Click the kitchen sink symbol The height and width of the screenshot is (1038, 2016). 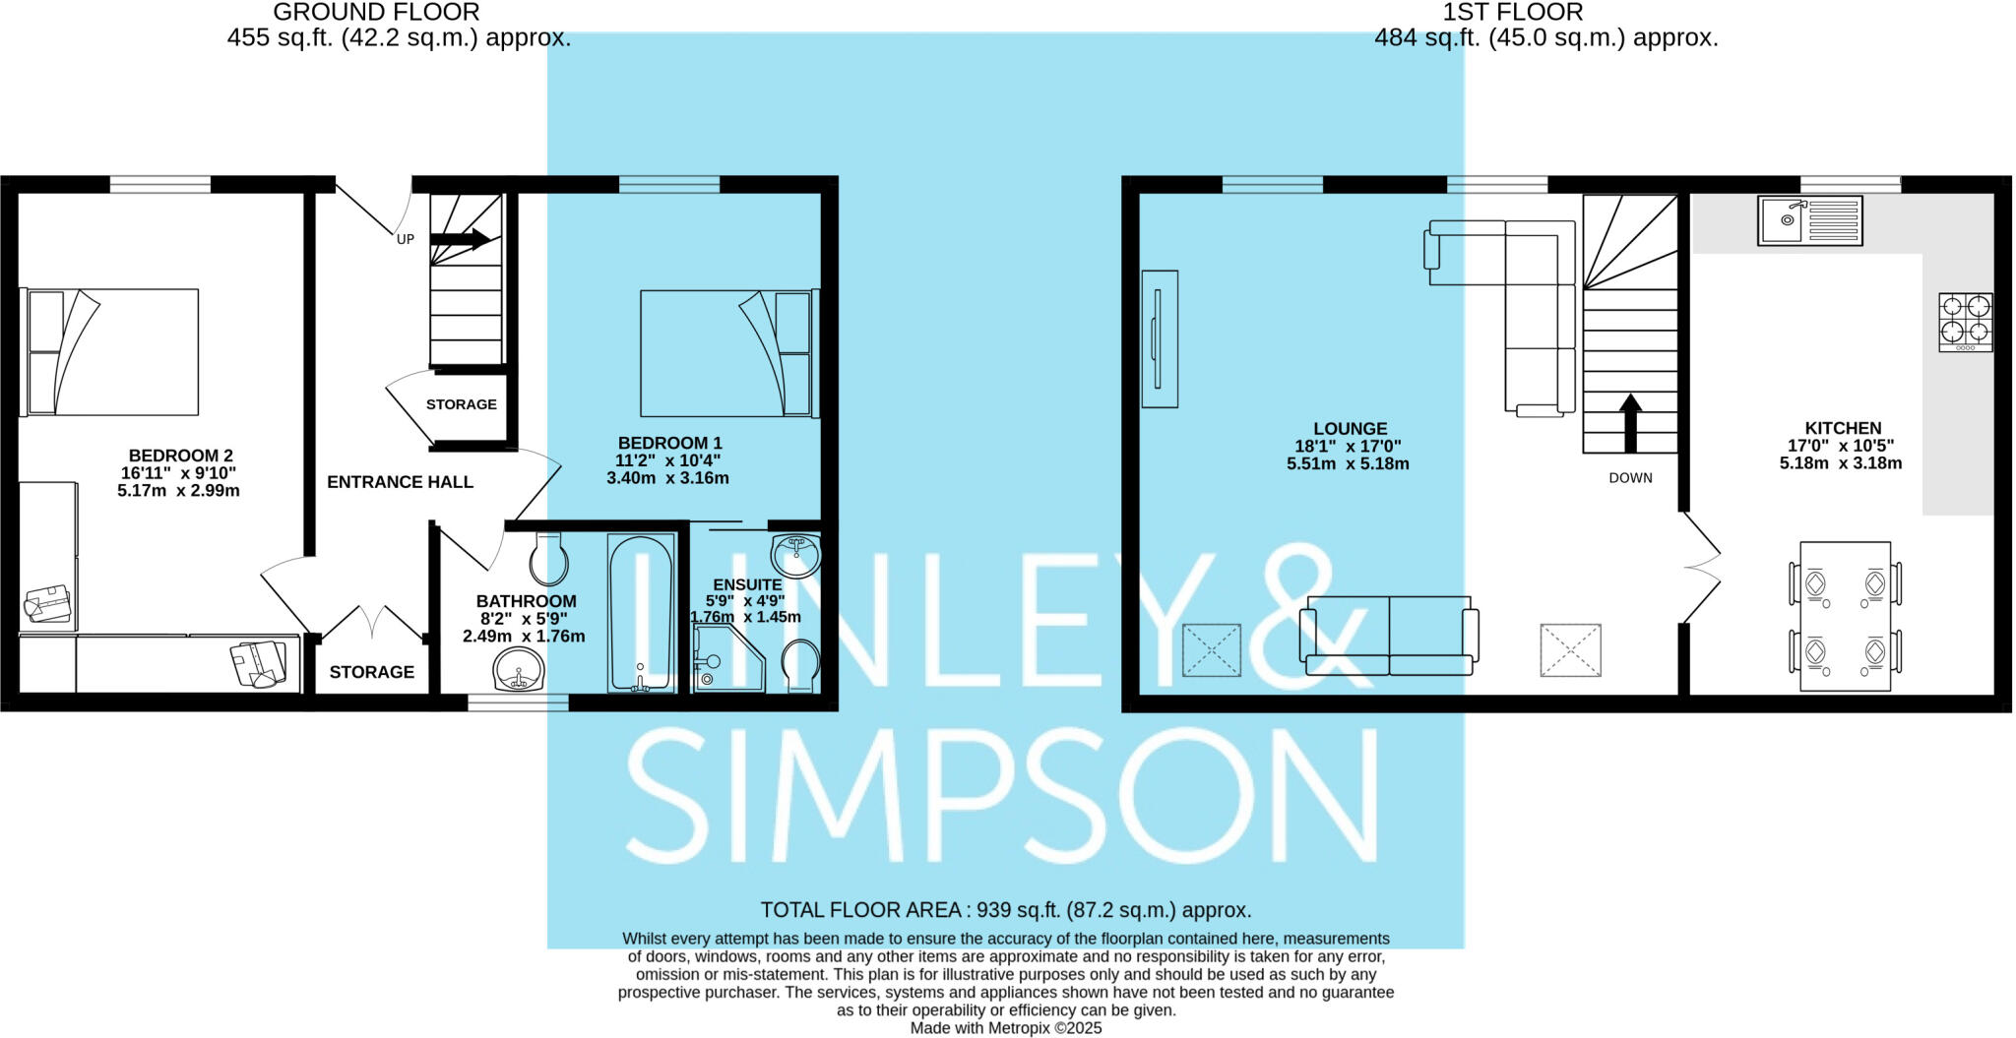(1809, 220)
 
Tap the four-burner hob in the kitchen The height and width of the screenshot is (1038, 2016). (1965, 322)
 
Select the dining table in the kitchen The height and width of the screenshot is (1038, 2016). (1845, 615)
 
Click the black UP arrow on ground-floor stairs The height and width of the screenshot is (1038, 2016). (461, 238)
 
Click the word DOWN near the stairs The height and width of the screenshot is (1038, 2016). (1630, 478)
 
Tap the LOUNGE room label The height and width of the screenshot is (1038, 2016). (1350, 429)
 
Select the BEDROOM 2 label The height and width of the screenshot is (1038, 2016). (180, 456)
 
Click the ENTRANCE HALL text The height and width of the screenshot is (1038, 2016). (400, 482)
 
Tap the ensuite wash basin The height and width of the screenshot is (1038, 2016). (795, 555)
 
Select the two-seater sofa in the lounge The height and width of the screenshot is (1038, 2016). (1389, 636)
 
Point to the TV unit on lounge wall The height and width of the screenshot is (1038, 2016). (1160, 338)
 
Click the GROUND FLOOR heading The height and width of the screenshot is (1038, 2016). (376, 13)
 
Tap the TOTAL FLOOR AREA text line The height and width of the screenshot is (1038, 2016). (1005, 910)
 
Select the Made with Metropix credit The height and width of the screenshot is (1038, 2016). (1005, 1028)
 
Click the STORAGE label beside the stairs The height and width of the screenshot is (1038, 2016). (461, 404)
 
